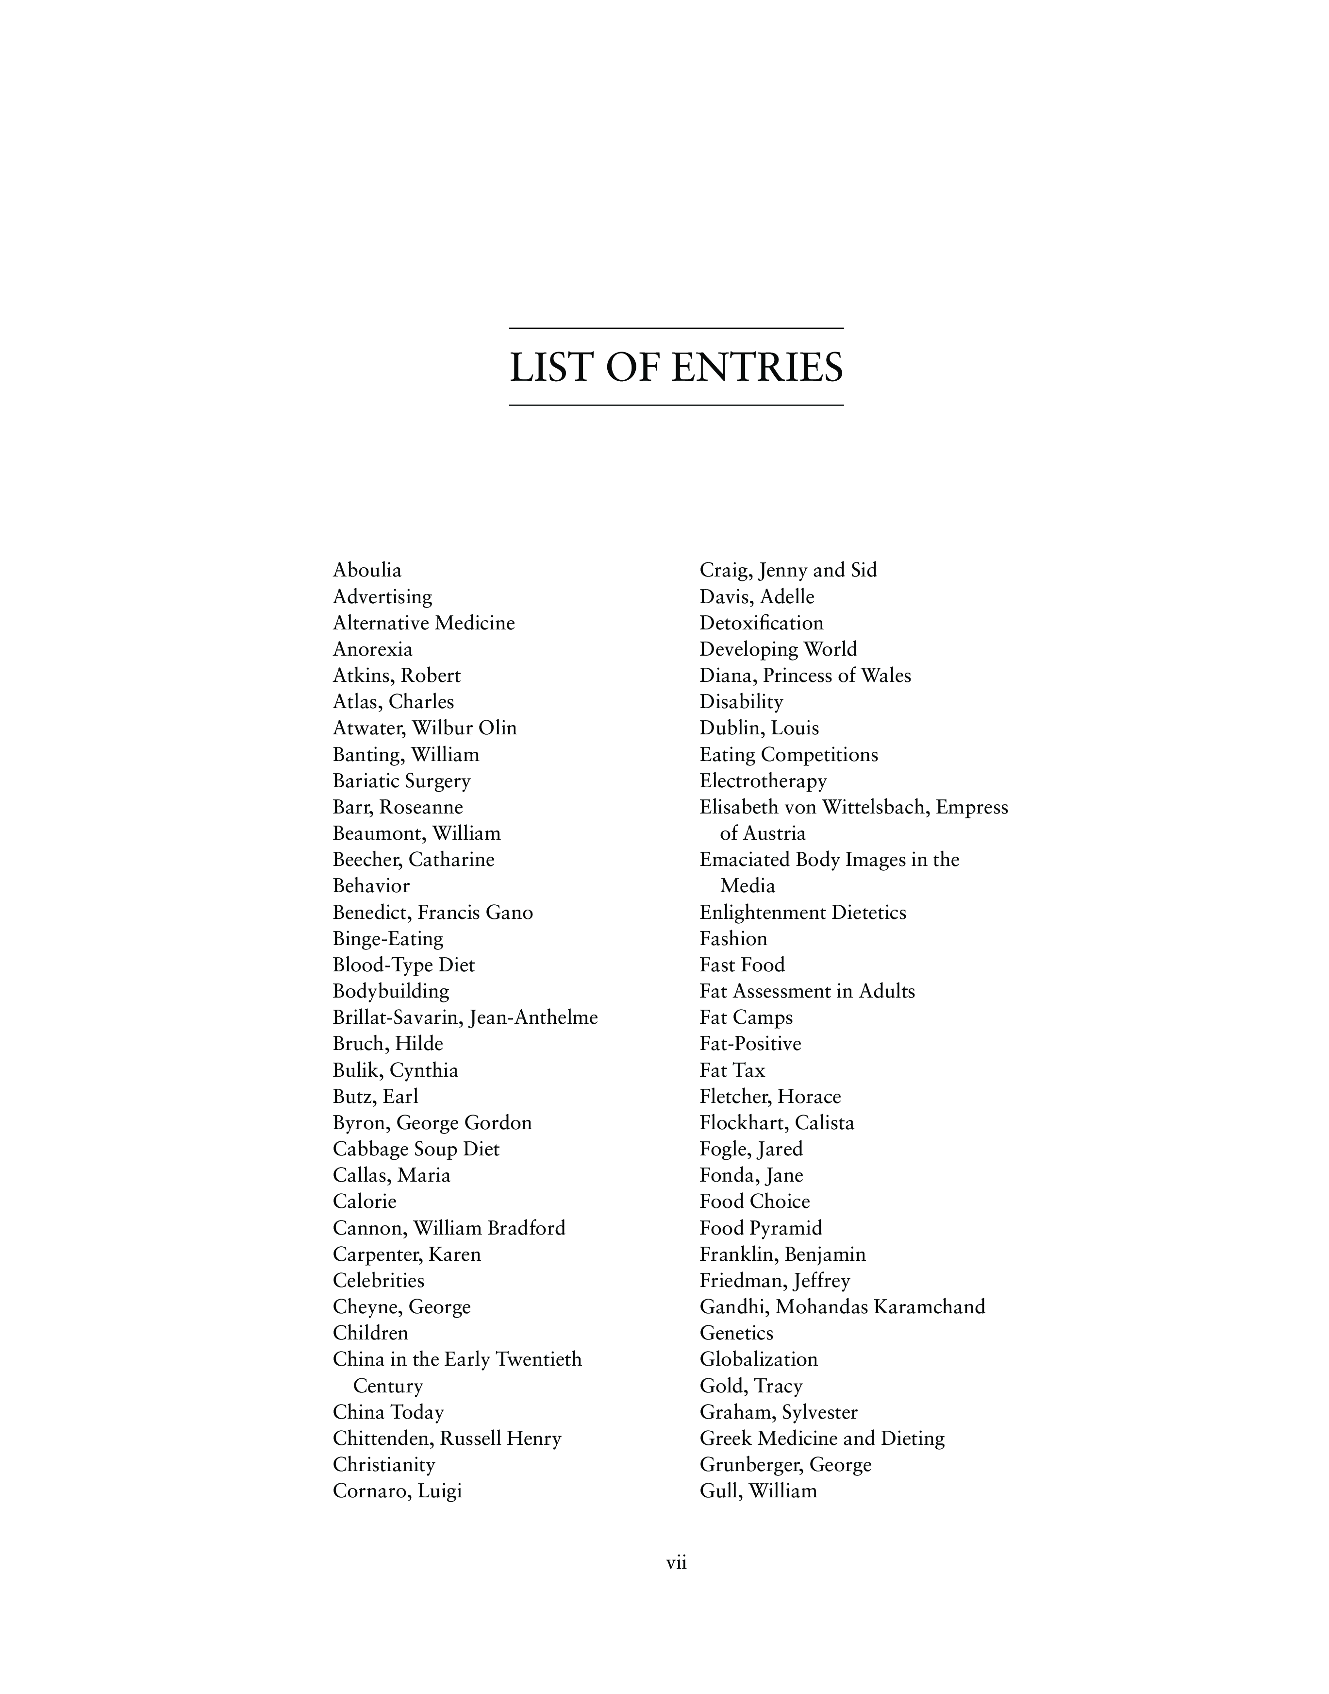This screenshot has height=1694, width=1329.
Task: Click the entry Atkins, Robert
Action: point(397,675)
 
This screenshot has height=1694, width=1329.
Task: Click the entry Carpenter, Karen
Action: point(407,1254)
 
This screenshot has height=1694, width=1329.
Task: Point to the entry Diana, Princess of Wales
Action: point(805,675)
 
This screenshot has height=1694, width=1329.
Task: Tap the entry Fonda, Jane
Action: point(752,1175)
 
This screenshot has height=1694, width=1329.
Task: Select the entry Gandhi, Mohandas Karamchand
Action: point(843,1306)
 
